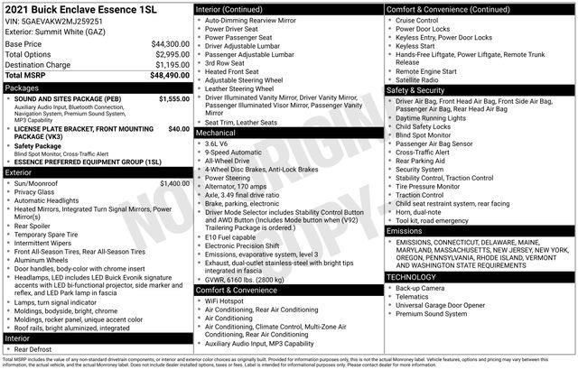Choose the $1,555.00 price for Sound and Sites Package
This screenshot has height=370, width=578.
tap(173, 99)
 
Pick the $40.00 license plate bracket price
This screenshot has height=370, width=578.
tap(179, 129)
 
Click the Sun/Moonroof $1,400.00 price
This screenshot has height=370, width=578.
tap(173, 183)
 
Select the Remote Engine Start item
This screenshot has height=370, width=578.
tap(432, 70)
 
